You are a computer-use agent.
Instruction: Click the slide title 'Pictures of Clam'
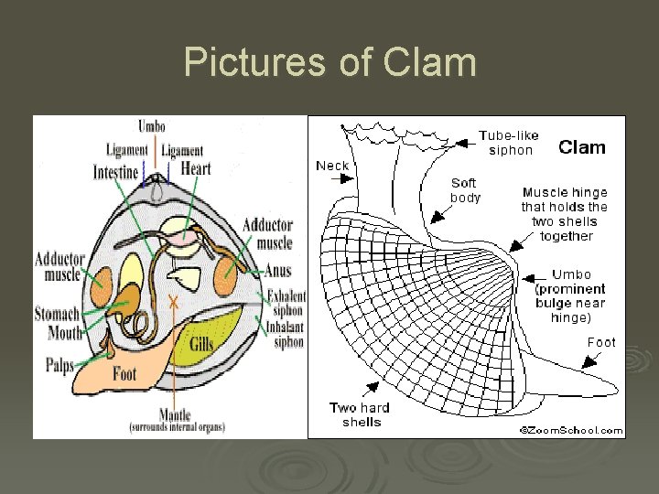click(x=329, y=63)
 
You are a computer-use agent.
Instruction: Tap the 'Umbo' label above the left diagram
click(x=152, y=126)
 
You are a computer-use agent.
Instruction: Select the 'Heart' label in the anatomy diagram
click(x=196, y=168)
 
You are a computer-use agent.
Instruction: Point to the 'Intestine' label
click(x=116, y=172)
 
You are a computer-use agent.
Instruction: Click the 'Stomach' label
click(x=57, y=315)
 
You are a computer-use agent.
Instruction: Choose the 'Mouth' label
click(x=64, y=333)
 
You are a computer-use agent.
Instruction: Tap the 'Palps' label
click(x=59, y=366)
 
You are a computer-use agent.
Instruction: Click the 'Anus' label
click(x=277, y=272)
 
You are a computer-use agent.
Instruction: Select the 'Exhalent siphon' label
click(x=286, y=303)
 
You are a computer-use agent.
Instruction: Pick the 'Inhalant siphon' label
click(x=286, y=336)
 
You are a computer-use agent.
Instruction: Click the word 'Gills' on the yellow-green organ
click(x=201, y=344)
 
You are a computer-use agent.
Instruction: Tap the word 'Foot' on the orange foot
click(x=124, y=373)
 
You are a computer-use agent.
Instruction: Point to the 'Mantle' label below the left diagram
click(x=174, y=414)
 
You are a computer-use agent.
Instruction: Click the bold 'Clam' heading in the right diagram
click(x=581, y=147)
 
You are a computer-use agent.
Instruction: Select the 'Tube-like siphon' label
click(x=509, y=143)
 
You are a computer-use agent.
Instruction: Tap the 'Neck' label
click(x=332, y=166)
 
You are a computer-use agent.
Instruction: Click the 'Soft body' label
click(x=464, y=190)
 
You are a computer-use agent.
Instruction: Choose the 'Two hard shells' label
click(x=361, y=414)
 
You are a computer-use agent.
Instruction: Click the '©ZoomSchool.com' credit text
click(x=571, y=430)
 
